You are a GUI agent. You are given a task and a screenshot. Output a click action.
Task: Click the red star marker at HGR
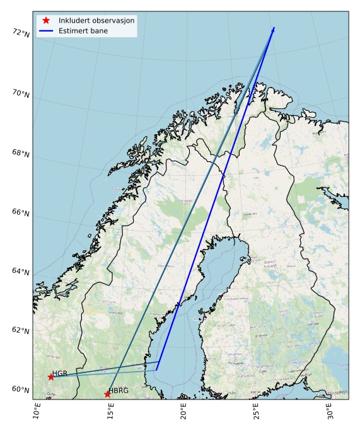51,377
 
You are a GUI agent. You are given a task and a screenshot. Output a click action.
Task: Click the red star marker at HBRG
107,394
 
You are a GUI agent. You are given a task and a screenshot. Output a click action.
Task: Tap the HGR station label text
60,373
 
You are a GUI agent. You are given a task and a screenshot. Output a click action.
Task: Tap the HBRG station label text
119,391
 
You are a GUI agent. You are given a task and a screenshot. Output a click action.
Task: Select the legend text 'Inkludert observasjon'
96,20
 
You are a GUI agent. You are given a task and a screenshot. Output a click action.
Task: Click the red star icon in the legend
46,20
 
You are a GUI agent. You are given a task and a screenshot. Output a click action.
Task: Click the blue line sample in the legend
46,30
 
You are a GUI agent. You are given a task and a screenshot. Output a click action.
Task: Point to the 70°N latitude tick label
21,93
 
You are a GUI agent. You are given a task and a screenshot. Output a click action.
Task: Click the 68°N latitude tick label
21,154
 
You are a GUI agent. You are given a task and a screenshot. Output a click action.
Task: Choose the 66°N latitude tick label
21,213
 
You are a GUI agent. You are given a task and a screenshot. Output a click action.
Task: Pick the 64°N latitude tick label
21,272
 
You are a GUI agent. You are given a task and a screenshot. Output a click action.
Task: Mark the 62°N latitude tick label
21,331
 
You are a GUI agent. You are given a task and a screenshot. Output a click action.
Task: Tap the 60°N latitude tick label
21,389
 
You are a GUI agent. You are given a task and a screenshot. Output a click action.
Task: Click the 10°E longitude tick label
37,415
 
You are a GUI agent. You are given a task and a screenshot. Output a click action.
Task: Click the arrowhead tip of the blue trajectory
274,28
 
